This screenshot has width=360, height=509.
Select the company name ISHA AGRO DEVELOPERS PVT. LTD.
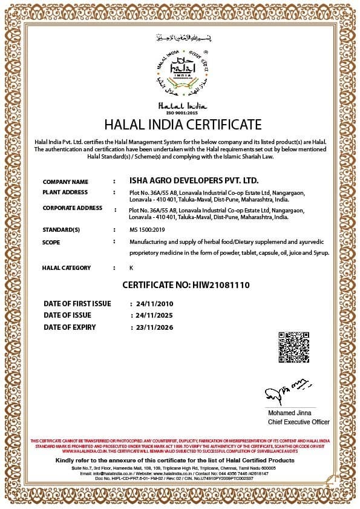(194, 181)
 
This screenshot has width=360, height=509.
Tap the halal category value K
(131, 268)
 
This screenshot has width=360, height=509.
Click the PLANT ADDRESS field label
(65, 192)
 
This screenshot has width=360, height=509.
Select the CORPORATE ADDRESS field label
(72, 208)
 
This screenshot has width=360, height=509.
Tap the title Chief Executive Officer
(298, 422)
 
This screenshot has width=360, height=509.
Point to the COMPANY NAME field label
(65, 182)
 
